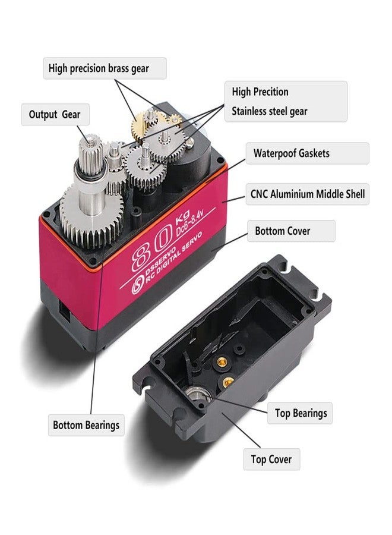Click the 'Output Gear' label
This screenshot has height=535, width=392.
point(55,114)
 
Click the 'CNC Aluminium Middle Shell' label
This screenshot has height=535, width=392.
point(308,194)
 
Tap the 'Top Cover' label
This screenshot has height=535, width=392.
point(271,460)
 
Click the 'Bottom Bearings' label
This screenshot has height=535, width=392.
point(86,425)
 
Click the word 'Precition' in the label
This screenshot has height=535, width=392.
point(270,92)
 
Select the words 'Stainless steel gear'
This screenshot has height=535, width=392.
point(270,111)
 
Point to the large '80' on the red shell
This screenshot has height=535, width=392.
point(151,247)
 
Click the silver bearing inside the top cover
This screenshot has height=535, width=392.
point(198,395)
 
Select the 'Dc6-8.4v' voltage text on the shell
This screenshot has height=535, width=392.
point(189,222)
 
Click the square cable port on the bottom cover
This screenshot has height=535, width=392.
point(65,311)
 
